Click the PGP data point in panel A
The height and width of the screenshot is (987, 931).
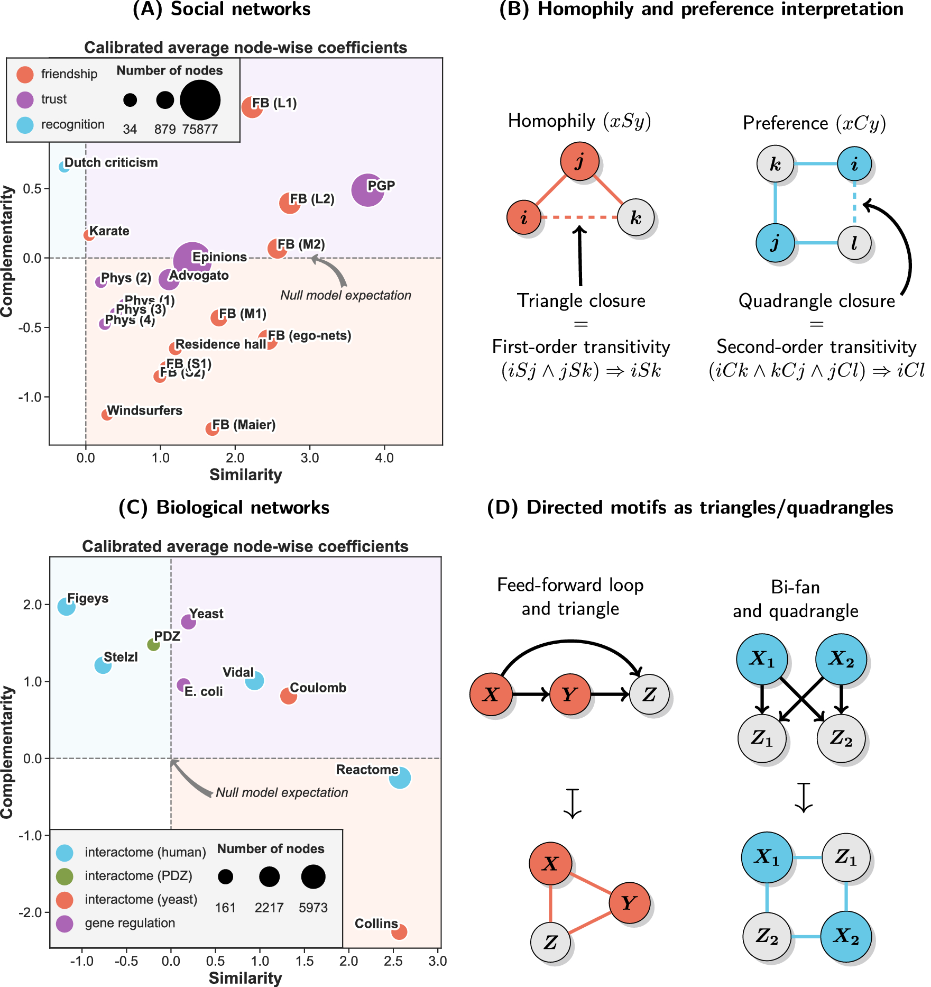(x=367, y=190)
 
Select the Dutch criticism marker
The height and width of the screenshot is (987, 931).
(x=64, y=166)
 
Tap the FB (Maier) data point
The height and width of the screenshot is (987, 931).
(x=212, y=428)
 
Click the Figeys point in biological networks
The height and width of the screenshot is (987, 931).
(x=66, y=606)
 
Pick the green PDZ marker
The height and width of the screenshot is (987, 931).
(x=153, y=644)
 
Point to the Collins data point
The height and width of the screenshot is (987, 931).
(x=399, y=931)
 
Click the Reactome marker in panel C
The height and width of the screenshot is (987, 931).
(x=400, y=778)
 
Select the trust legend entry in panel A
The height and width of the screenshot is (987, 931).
(x=53, y=99)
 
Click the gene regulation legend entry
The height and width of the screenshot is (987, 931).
(x=130, y=923)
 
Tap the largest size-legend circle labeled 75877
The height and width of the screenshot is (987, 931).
(x=200, y=100)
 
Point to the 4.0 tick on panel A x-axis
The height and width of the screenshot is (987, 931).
(x=384, y=458)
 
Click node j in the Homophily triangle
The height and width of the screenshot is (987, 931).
(x=580, y=161)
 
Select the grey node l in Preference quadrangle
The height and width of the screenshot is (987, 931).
(x=854, y=243)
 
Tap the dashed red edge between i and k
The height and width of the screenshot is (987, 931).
(x=579, y=217)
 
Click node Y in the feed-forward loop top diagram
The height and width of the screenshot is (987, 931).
(x=570, y=694)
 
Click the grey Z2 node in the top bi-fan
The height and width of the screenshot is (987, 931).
(x=841, y=738)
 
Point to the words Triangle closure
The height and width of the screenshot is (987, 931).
(x=581, y=300)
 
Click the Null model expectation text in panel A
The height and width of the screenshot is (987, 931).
(x=346, y=295)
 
